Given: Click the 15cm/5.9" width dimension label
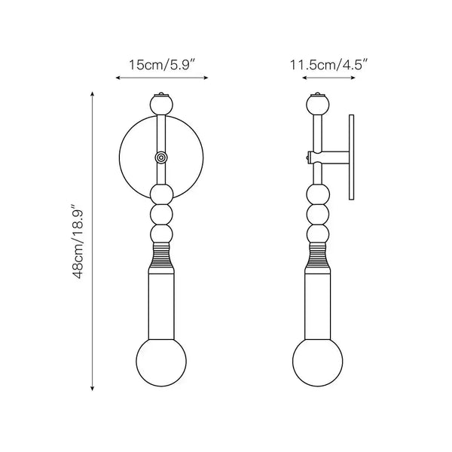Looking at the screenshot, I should [x=162, y=65].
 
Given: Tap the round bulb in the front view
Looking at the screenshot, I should [x=161, y=364].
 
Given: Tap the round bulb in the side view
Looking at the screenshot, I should [x=317, y=364].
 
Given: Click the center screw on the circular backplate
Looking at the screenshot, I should [x=161, y=157].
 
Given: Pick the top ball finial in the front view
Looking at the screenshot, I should [x=161, y=103].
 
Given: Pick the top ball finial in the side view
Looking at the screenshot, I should [x=317, y=103].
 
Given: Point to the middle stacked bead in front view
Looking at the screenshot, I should [x=161, y=215].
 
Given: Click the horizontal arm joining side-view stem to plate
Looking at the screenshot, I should [x=334, y=157].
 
